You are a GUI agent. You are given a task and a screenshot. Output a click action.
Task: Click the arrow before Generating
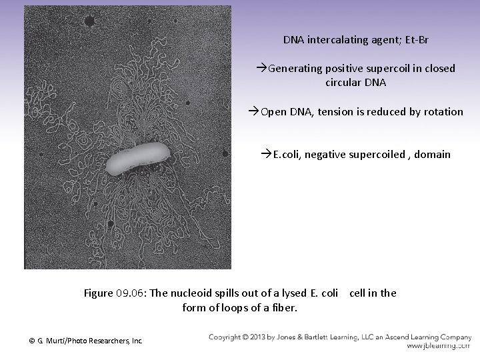point(262,69)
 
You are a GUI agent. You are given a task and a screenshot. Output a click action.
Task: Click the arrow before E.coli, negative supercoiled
point(267,155)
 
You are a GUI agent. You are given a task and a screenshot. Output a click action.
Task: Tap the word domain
point(433,155)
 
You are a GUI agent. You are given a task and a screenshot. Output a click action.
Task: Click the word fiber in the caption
point(285,307)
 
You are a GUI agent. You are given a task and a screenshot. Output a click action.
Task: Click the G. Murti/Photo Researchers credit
point(86,341)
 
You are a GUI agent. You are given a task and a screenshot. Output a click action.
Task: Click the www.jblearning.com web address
point(438,347)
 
